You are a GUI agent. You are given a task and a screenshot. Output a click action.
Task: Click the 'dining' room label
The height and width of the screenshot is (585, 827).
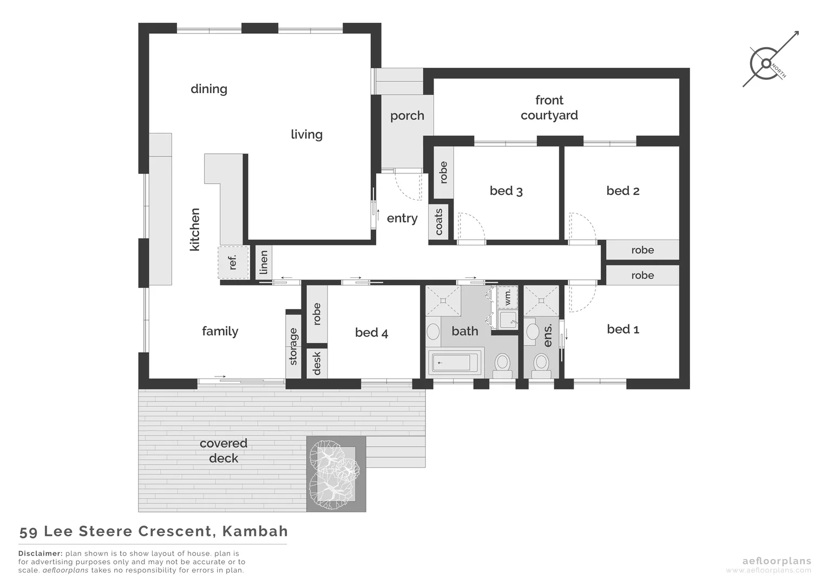pyautogui.click(x=209, y=89)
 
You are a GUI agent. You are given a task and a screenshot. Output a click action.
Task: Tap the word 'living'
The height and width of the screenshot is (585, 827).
pyautogui.click(x=306, y=134)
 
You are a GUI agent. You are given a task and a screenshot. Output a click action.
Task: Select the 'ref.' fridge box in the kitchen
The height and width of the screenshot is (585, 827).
pyautogui.click(x=233, y=263)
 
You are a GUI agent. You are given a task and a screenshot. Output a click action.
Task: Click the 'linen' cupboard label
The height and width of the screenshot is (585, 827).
pyautogui.click(x=264, y=263)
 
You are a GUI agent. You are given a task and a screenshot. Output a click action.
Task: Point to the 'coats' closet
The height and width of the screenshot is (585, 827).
pyautogui.click(x=439, y=222)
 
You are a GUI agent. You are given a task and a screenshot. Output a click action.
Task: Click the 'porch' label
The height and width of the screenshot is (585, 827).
pyautogui.click(x=407, y=116)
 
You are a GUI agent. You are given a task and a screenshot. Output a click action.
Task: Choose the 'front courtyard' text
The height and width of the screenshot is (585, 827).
pyautogui.click(x=549, y=108)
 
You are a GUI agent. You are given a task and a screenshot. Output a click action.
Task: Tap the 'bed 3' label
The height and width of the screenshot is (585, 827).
pyautogui.click(x=506, y=191)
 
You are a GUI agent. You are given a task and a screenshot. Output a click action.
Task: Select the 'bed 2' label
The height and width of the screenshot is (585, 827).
pyautogui.click(x=622, y=191)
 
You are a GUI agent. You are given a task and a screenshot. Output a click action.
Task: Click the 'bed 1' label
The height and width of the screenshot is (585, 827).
pyautogui.click(x=622, y=329)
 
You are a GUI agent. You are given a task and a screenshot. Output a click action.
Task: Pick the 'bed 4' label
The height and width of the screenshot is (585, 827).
pyautogui.click(x=371, y=333)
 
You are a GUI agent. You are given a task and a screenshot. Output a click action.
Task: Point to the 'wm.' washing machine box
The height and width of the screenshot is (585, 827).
pyautogui.click(x=508, y=296)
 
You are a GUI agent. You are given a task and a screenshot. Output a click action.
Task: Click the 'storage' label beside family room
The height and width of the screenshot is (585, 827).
pyautogui.click(x=293, y=347)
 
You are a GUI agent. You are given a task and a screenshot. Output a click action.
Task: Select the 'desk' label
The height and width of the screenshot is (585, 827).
pyautogui.click(x=317, y=363)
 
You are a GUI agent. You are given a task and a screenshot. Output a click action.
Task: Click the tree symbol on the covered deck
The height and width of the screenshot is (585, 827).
pyautogui.click(x=333, y=474)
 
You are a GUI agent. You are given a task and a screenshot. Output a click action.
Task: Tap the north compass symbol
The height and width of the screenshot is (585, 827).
pyautogui.click(x=766, y=63)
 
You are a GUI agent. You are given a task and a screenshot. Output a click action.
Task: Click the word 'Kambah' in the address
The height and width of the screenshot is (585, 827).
pyautogui.click(x=255, y=531)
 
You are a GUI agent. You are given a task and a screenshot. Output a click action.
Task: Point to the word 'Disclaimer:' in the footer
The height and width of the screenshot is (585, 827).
pyautogui.click(x=41, y=554)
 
